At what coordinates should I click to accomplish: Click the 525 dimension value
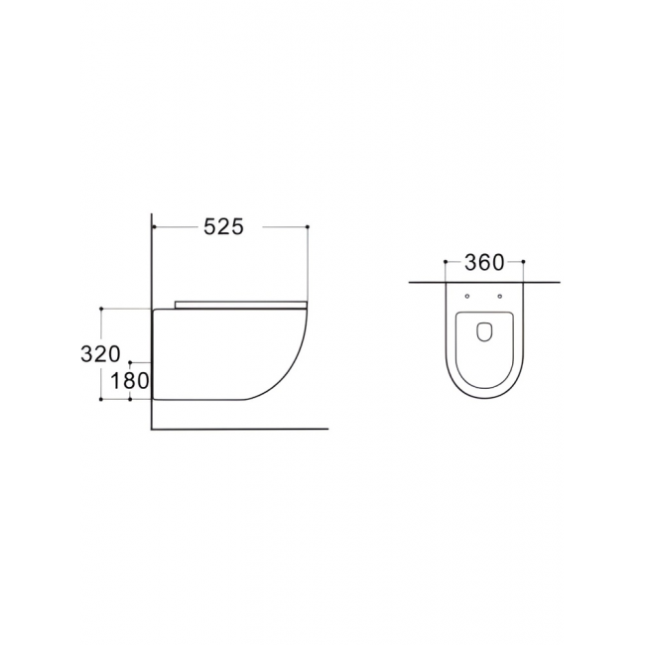pyautogui.click(x=224, y=226)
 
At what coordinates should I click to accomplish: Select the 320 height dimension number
pyautogui.click(x=101, y=354)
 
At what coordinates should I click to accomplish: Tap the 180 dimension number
pyautogui.click(x=130, y=381)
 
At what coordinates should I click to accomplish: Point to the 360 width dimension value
pyautogui.click(x=484, y=262)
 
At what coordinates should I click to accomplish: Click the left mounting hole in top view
pyautogui.click(x=467, y=296)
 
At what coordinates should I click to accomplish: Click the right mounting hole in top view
pyautogui.click(x=500, y=296)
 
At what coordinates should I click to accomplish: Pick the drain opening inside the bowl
pyautogui.click(x=484, y=331)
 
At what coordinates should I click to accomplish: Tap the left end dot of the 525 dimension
pyautogui.click(x=153, y=226)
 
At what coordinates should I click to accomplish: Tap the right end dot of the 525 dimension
pyautogui.click(x=308, y=226)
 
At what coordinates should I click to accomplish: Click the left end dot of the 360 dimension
pyautogui.click(x=446, y=261)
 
